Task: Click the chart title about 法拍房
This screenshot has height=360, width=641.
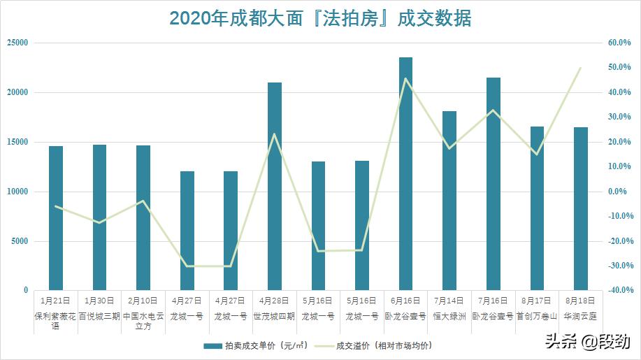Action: pyautogui.click(x=320, y=19)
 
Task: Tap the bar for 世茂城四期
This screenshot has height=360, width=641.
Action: pyautogui.click(x=275, y=186)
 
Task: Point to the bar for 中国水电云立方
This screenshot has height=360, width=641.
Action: pyautogui.click(x=143, y=217)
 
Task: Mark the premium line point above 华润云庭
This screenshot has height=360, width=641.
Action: pyautogui.click(x=581, y=68)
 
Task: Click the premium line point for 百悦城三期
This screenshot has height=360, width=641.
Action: pyautogui.click(x=100, y=223)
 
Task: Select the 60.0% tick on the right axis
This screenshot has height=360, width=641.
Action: pyautogui.click(x=619, y=43)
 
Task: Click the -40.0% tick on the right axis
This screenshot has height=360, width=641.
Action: pyautogui.click(x=619, y=290)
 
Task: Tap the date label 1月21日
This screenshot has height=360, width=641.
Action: pyautogui.click(x=56, y=300)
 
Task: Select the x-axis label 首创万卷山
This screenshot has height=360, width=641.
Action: pyautogui.click(x=537, y=315)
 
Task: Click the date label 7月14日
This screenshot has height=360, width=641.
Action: pyautogui.click(x=449, y=300)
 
